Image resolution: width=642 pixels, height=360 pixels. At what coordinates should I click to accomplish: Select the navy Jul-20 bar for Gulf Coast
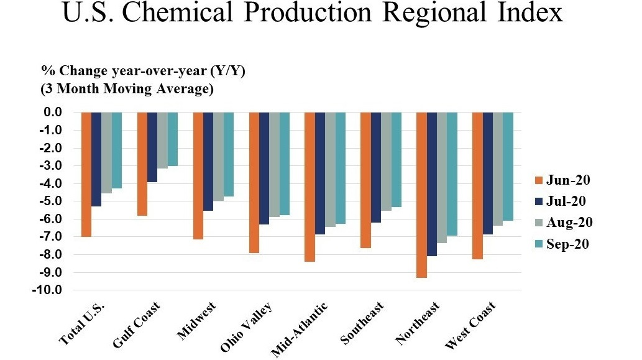152,147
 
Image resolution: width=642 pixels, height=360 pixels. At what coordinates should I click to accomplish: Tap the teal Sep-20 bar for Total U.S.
117,150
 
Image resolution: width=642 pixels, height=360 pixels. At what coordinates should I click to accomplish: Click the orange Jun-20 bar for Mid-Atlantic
310,187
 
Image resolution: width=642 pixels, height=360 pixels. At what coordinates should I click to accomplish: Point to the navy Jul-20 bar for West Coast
487,173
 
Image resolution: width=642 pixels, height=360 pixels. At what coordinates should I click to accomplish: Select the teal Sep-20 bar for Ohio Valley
285,164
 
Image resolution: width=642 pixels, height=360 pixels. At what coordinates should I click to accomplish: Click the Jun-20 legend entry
564,181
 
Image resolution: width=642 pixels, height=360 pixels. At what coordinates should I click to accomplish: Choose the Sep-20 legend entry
564,244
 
